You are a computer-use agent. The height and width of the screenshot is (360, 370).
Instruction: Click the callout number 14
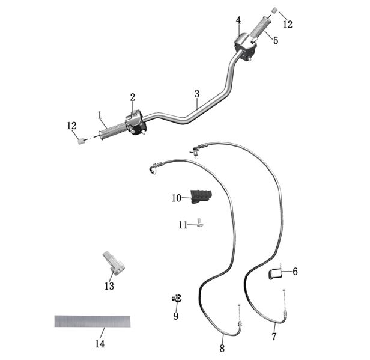[x=100, y=344]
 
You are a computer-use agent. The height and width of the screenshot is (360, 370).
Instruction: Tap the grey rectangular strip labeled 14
[x=92, y=322]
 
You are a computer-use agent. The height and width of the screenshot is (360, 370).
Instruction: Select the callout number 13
[x=109, y=286]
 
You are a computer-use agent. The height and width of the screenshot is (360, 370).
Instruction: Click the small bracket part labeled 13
[x=114, y=263]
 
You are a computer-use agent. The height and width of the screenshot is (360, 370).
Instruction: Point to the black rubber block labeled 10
[x=201, y=196]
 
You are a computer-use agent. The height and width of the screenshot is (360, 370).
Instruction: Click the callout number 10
[x=176, y=198]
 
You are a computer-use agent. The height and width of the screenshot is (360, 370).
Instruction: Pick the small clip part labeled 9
[x=177, y=298]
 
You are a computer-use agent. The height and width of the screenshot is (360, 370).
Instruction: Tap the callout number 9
[x=176, y=316]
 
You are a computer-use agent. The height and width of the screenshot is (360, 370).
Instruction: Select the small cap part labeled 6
[x=275, y=274]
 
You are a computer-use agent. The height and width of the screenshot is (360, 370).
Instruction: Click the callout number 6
[x=295, y=272]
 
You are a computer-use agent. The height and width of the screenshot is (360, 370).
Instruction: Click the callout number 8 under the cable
[x=222, y=348]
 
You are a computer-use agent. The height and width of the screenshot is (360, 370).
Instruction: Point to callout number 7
[x=274, y=337]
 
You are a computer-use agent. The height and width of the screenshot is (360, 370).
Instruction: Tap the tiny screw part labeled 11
[x=200, y=222]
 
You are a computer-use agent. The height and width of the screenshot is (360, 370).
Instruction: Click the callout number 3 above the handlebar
[x=197, y=94]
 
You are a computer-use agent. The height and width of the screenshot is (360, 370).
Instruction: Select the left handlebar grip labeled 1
[x=112, y=132]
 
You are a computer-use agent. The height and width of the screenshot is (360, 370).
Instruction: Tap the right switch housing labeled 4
[x=244, y=47]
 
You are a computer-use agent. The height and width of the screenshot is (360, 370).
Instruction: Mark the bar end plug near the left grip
[x=81, y=141]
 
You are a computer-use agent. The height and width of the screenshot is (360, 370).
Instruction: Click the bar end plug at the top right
[x=274, y=10]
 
